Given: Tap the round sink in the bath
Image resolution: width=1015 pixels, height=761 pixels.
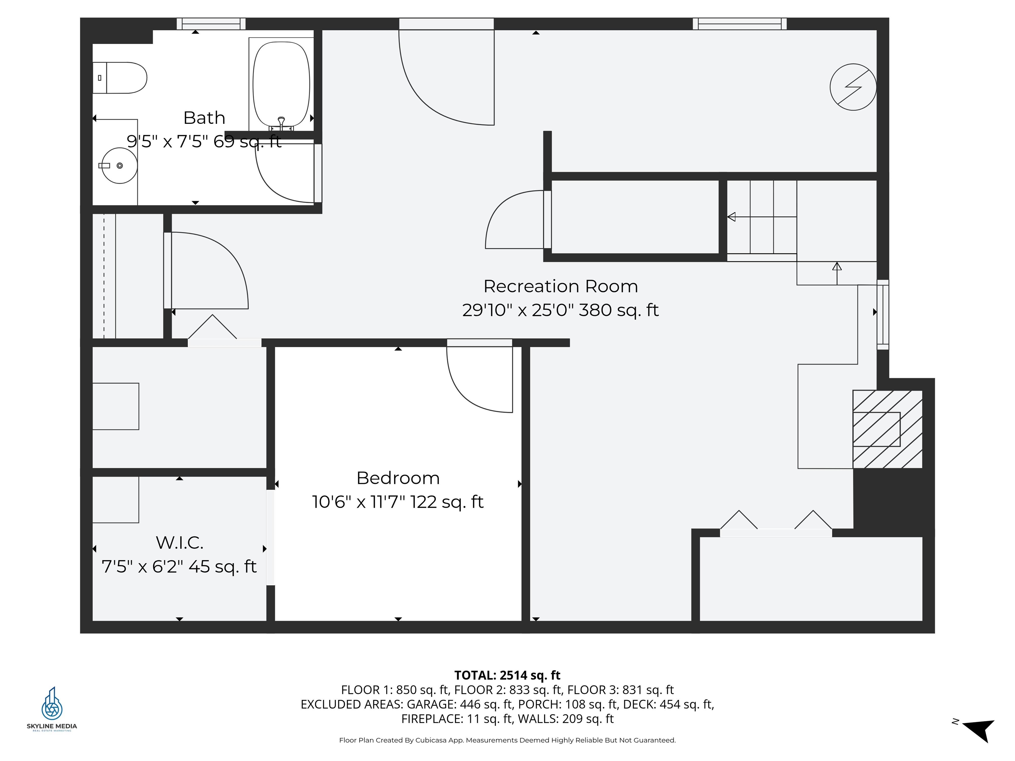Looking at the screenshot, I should (119, 165).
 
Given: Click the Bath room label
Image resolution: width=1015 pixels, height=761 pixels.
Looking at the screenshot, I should (204, 118).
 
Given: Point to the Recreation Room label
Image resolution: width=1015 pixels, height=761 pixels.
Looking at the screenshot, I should (560, 286).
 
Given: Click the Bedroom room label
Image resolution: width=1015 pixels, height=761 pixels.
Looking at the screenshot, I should (398, 478).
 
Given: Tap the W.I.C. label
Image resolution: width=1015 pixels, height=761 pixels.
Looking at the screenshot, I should (179, 543).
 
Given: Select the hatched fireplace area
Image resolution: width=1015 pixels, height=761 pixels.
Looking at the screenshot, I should (887, 429).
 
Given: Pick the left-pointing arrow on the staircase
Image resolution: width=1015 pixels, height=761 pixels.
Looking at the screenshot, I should (732, 217).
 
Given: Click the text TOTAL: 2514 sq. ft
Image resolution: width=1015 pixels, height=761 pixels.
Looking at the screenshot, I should (507, 675).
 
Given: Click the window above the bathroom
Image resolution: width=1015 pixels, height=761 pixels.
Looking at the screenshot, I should (211, 23).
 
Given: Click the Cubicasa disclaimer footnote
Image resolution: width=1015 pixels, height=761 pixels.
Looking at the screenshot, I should (507, 740).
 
